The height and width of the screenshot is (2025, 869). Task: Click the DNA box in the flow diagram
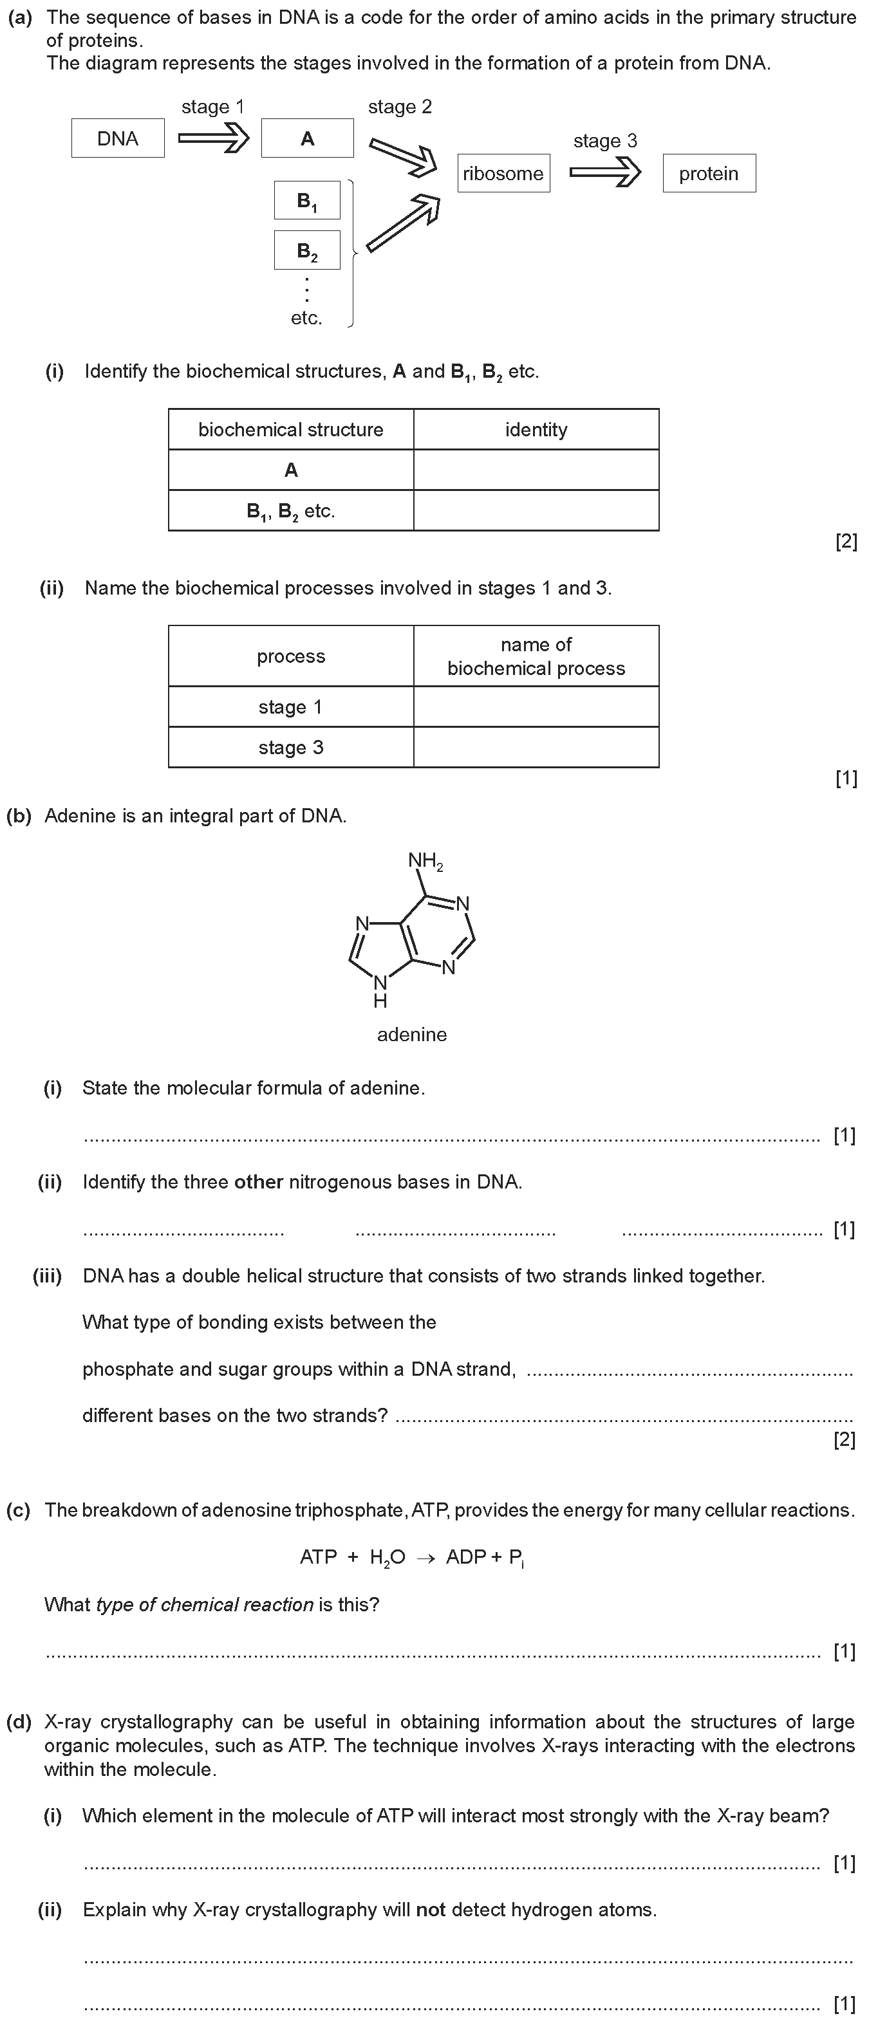click(118, 138)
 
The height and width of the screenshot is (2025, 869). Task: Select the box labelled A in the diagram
click(308, 138)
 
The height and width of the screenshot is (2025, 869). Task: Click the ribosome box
click(503, 173)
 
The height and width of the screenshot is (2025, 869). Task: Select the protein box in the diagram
click(709, 173)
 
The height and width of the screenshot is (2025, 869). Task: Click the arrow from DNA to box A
click(213, 138)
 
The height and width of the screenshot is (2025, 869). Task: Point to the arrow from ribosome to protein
click(605, 173)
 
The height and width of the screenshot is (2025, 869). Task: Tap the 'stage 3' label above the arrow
click(605, 141)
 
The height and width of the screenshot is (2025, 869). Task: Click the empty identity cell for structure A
click(536, 470)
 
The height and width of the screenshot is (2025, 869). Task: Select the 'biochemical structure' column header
click(291, 429)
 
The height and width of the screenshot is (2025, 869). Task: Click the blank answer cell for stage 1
click(536, 707)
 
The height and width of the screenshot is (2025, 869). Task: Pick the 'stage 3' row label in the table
click(291, 747)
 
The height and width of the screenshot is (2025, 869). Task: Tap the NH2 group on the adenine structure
click(425, 861)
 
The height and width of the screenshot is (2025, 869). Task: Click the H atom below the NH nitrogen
click(380, 1001)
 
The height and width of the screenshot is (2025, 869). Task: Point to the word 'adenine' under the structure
click(412, 1035)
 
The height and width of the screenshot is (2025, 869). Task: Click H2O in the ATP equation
click(388, 1557)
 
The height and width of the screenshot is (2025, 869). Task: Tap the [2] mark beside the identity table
click(846, 542)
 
